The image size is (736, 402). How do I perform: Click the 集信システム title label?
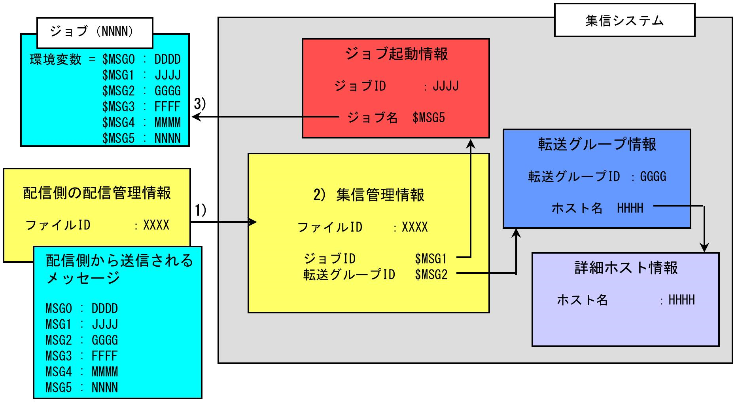click(624, 21)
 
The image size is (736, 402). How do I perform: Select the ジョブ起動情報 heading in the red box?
click(396, 54)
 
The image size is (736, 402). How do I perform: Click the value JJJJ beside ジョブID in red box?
click(446, 86)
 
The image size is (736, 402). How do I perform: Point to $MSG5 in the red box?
click(428, 118)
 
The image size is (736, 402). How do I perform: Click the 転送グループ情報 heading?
click(597, 144)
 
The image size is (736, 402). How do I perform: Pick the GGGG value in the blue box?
click(653, 176)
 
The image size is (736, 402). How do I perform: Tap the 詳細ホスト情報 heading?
click(626, 268)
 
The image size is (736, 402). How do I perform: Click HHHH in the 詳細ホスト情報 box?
click(681, 300)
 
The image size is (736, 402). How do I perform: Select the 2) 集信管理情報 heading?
click(369, 195)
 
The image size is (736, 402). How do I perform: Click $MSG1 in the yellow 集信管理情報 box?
click(431, 259)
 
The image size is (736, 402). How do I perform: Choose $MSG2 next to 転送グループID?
click(431, 275)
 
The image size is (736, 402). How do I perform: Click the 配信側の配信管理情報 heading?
click(97, 193)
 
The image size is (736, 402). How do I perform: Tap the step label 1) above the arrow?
click(201, 210)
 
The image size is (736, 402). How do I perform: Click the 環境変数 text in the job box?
click(55, 60)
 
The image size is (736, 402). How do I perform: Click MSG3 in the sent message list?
click(59, 356)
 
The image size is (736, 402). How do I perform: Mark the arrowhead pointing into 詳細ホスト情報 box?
click(704, 248)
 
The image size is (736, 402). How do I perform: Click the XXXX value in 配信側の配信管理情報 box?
click(156, 225)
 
